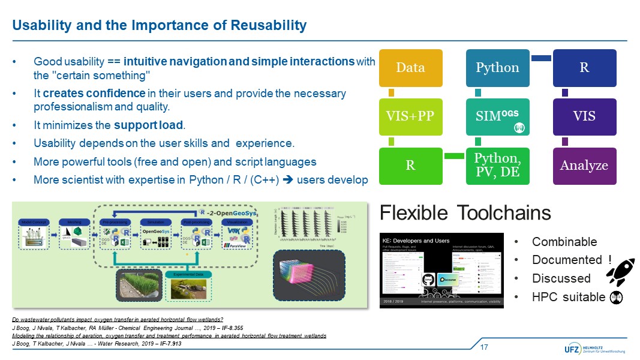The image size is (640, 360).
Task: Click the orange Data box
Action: tap(411, 67)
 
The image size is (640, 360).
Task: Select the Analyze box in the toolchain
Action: tap(584, 166)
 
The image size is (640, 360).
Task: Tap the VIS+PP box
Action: tap(411, 116)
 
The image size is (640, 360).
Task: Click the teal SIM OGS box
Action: tap(497, 116)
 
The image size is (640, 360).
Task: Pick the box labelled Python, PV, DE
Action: tap(497, 166)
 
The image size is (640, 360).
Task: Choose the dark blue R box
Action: tap(584, 67)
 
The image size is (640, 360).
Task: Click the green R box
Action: tap(411, 166)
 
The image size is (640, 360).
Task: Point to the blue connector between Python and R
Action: tap(541, 58)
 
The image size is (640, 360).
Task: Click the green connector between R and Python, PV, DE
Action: tap(454, 157)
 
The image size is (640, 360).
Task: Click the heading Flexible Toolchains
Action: tap(465, 213)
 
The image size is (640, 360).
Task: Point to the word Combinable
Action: tap(564, 242)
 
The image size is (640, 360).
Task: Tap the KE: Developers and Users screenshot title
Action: tap(416, 241)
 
